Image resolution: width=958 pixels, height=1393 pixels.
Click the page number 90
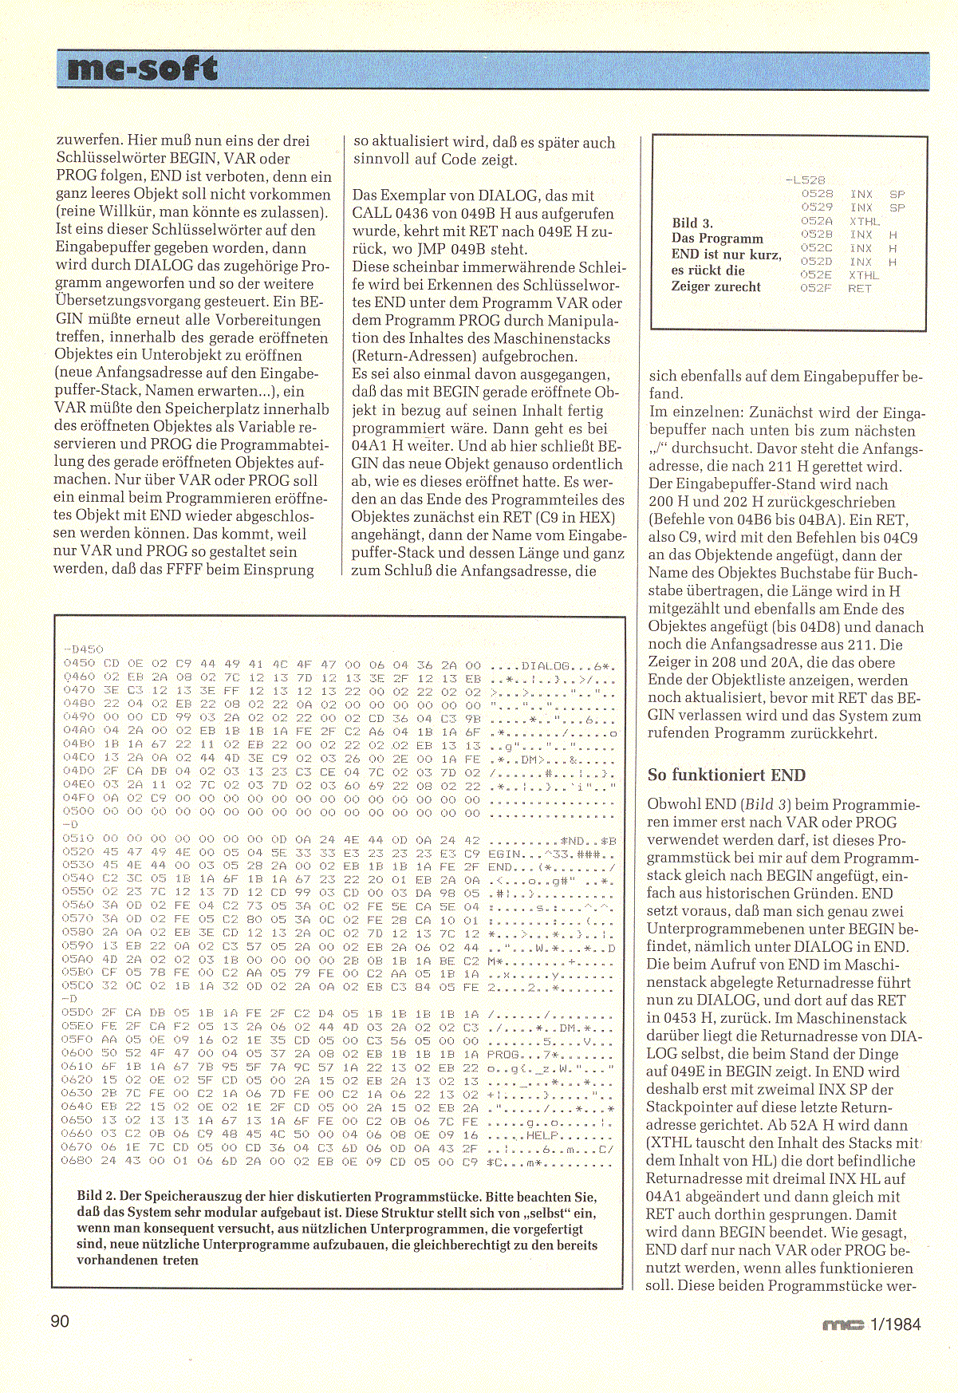[60, 1322]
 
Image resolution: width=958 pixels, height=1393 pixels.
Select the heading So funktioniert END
[726, 775]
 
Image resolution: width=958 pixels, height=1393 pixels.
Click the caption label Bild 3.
[692, 223]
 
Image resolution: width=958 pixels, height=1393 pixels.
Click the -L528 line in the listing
[805, 180]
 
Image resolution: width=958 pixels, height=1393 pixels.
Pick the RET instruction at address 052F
[860, 289]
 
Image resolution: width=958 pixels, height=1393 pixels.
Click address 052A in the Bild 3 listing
[816, 221]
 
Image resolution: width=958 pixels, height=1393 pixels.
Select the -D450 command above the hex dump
[82, 649]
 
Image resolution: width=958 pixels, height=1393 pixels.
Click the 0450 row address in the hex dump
[79, 664]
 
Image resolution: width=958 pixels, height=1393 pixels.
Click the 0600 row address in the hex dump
[78, 1053]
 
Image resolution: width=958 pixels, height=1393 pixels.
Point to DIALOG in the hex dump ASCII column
[546, 665]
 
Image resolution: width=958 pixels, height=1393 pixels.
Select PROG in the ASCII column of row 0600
[503, 1054]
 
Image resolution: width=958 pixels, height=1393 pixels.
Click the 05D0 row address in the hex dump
[78, 1013]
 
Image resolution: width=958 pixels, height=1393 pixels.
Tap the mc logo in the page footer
[843, 1325]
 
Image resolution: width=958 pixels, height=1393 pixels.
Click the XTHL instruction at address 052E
[863, 275]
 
